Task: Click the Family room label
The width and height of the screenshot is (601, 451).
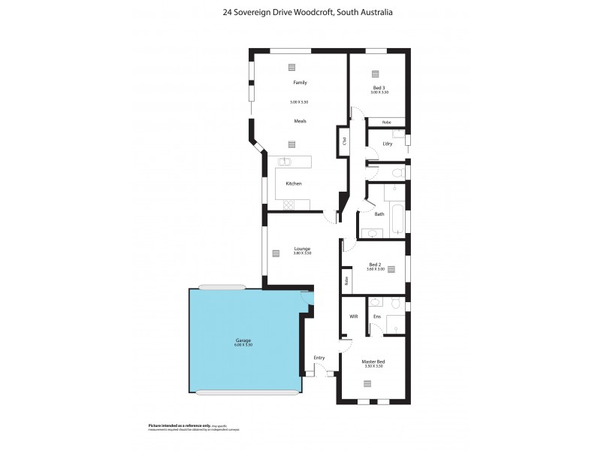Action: pyautogui.click(x=300, y=83)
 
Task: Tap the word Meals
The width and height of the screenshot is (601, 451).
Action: pyautogui.click(x=300, y=121)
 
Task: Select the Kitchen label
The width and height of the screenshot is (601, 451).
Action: pyautogui.click(x=294, y=183)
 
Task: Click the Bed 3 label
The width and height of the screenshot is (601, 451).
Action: pyautogui.click(x=379, y=88)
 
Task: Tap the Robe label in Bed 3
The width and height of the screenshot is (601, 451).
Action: pyautogui.click(x=386, y=122)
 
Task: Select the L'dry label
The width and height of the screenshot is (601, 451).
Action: pyautogui.click(x=388, y=143)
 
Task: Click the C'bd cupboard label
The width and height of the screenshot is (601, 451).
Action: pyautogui.click(x=343, y=140)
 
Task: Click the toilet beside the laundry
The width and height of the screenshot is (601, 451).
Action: pyautogui.click(x=399, y=174)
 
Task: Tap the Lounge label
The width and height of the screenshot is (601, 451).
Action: pyautogui.click(x=302, y=248)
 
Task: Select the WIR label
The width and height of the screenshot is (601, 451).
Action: pyautogui.click(x=353, y=316)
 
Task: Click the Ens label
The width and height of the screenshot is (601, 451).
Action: pyautogui.click(x=377, y=316)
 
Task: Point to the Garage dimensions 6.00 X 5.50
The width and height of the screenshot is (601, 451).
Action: pyautogui.click(x=243, y=344)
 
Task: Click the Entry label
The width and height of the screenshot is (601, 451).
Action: pyautogui.click(x=319, y=358)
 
